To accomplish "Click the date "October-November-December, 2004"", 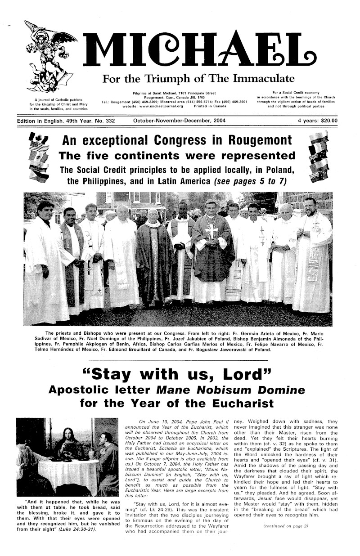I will click(180, 121).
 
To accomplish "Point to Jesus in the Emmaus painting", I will click(69, 445).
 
